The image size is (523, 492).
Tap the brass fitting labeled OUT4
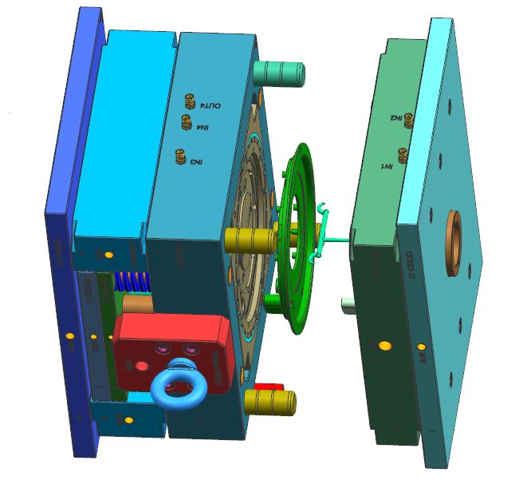click(190, 101)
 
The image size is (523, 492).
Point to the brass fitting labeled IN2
click(409, 119)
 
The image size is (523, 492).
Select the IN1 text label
click(386, 166)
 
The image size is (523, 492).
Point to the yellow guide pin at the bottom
click(271, 403)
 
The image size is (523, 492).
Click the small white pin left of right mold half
click(348, 304)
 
